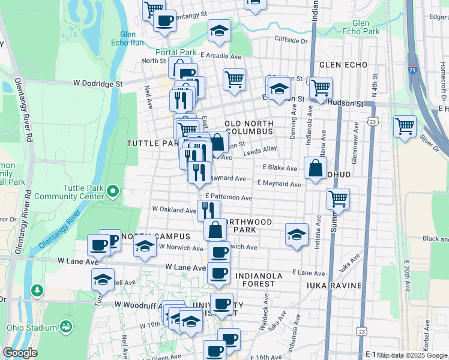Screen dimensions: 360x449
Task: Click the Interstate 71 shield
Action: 413,69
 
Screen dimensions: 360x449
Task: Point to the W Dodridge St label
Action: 98,84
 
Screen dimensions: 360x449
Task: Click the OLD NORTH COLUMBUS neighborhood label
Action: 249,127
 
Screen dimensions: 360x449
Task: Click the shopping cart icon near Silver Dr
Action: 405,127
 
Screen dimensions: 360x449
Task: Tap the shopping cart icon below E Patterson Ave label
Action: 339,199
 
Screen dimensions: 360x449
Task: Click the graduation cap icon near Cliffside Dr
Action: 220,31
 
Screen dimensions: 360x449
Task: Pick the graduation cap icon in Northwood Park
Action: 297,235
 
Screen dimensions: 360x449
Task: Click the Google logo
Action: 20,353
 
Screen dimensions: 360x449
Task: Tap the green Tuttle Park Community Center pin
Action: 112,193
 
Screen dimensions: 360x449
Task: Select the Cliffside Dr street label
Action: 291,41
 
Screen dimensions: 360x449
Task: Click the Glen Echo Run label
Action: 128,38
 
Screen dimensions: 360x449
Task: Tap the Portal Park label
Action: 176,52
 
